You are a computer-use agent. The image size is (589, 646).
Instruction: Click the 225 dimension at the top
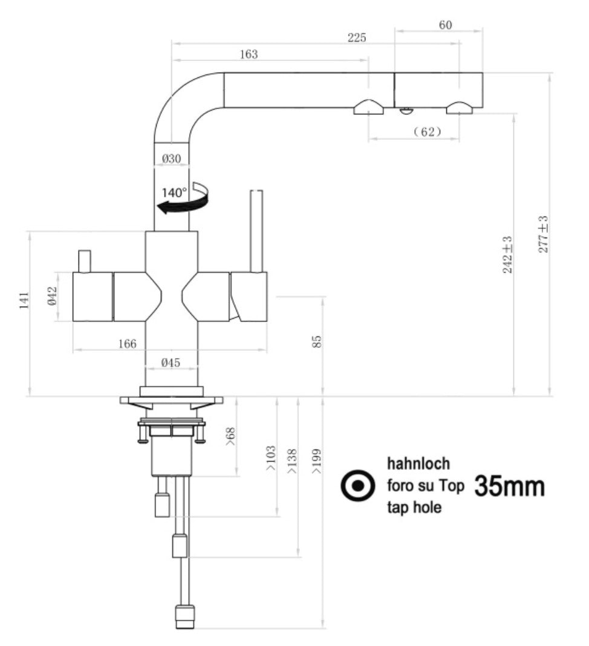click(x=357, y=38)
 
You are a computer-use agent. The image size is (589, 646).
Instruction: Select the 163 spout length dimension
click(x=248, y=54)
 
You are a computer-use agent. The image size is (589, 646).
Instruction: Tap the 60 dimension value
click(x=445, y=25)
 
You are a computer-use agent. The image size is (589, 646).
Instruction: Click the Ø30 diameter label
click(x=172, y=158)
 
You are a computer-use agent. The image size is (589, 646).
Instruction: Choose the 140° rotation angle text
click(x=175, y=193)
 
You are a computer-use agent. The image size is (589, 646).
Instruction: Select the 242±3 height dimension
click(x=507, y=254)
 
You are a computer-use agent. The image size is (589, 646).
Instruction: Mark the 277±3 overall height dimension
click(x=543, y=235)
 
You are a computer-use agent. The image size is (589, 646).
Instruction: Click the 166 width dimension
click(x=127, y=344)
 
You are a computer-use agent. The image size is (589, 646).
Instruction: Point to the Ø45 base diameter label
click(x=171, y=362)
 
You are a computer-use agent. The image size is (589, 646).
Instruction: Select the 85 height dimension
click(x=317, y=342)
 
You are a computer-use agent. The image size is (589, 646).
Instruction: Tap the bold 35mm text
click(x=509, y=486)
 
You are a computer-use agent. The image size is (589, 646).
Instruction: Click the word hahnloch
click(x=418, y=464)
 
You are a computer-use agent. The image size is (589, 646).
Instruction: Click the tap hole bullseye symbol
click(x=357, y=486)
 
